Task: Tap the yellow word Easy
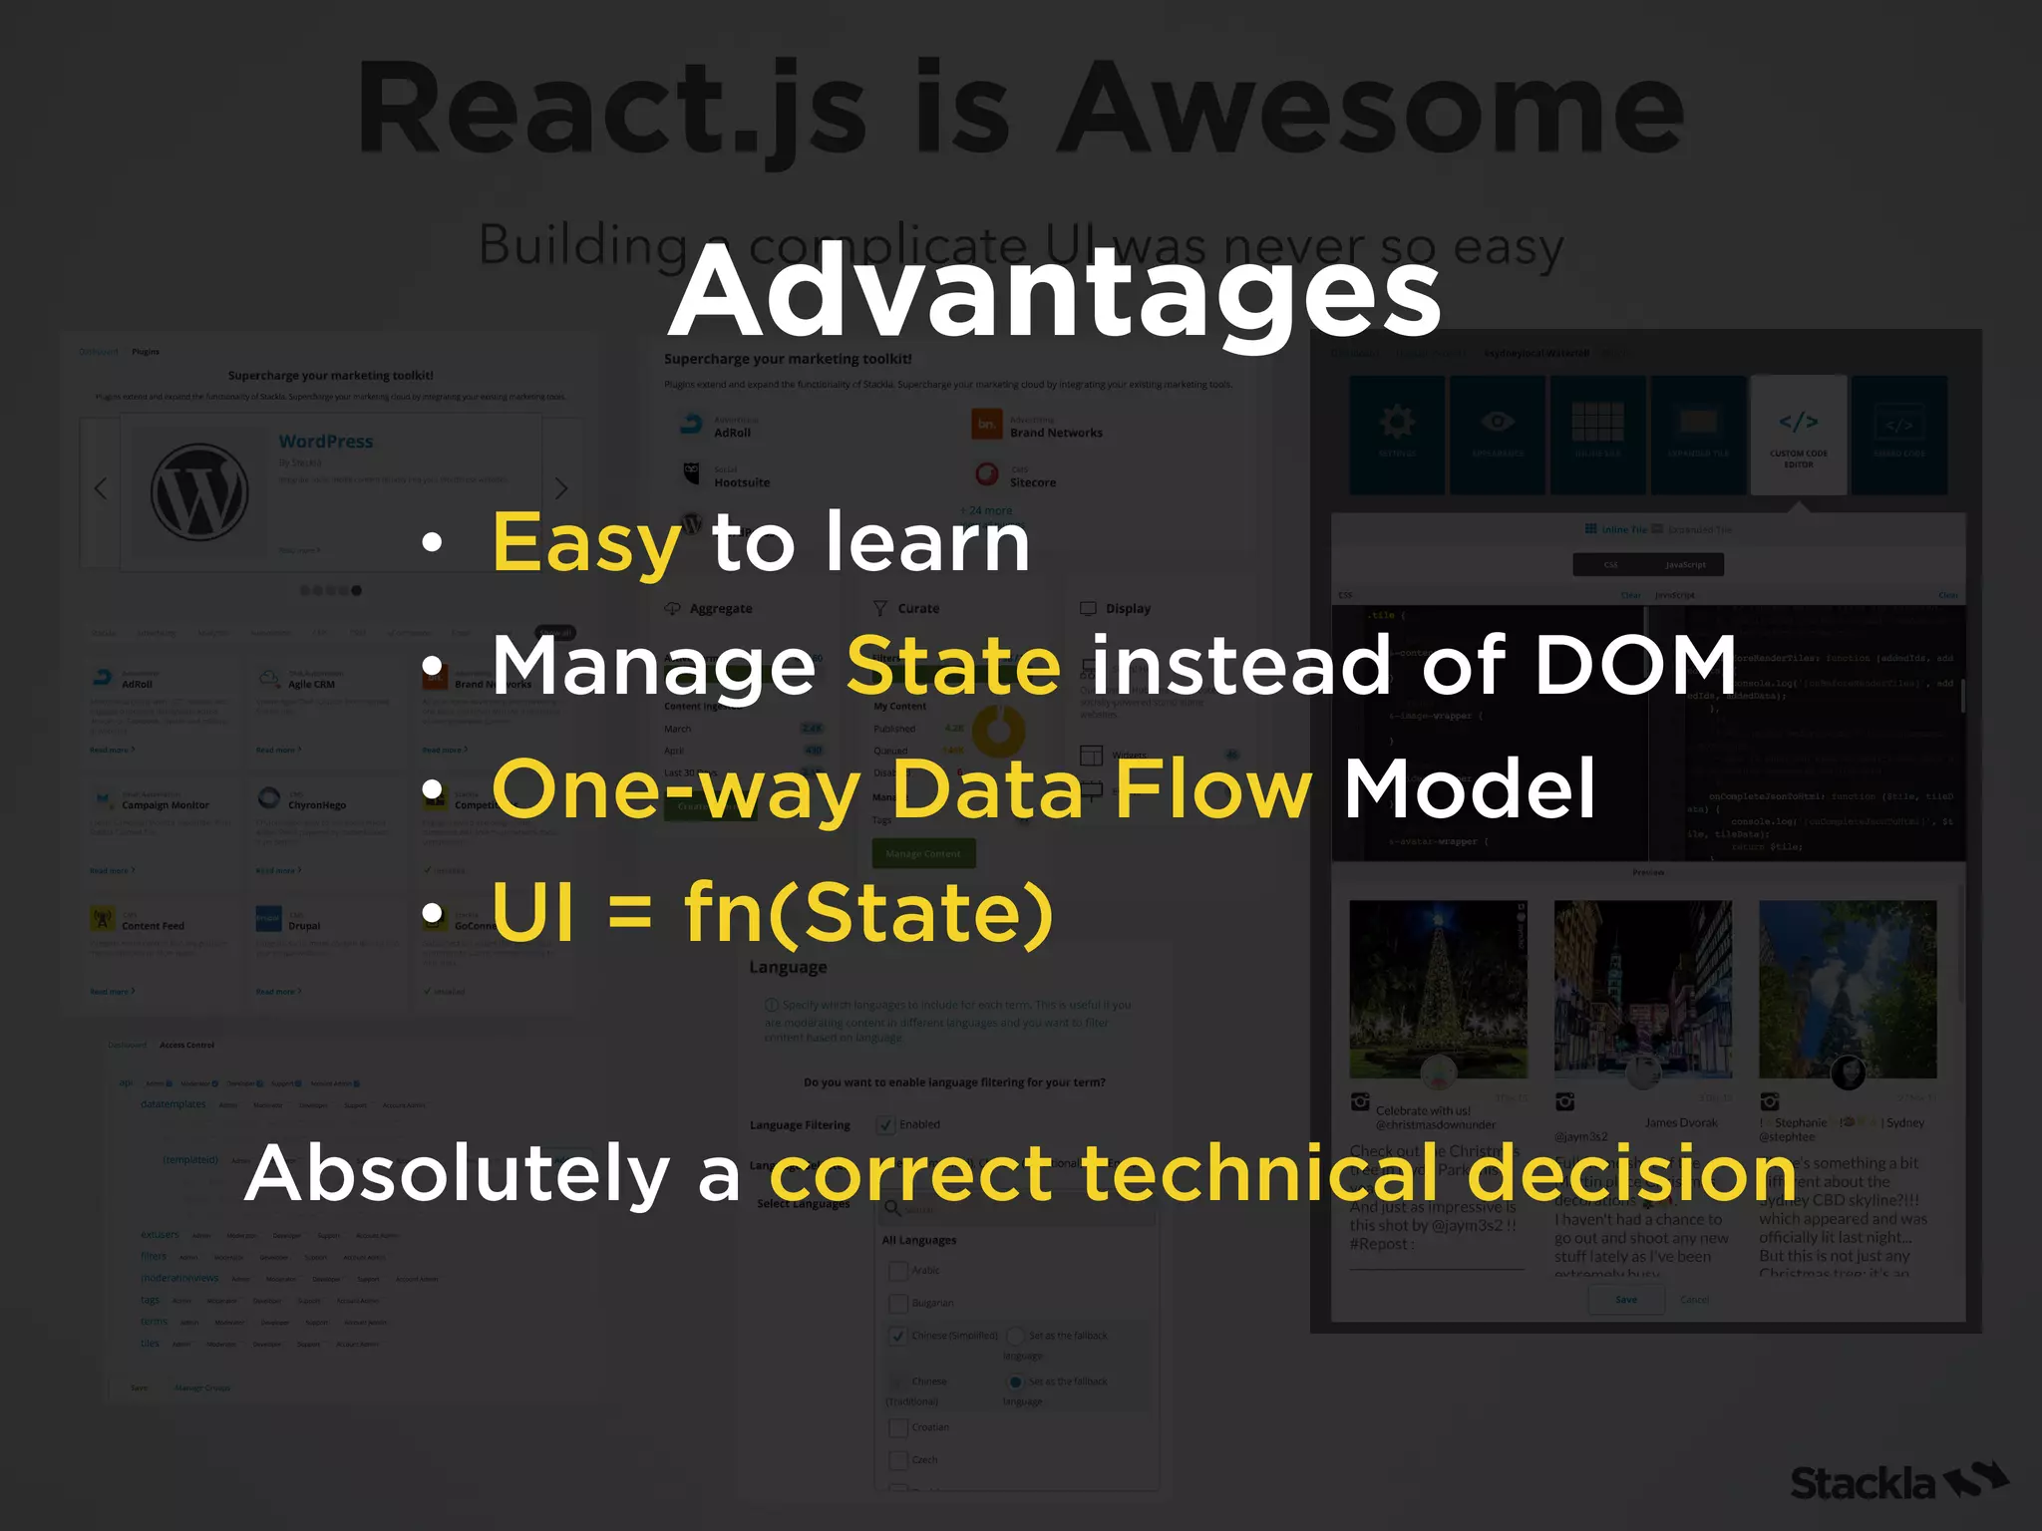point(586,543)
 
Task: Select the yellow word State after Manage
point(953,665)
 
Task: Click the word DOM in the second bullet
point(1635,665)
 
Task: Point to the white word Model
point(1470,788)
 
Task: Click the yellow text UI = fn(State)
point(773,912)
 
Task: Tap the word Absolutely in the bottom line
point(457,1173)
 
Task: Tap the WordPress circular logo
point(199,492)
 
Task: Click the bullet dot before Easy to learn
point(431,543)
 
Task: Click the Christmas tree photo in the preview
point(1437,987)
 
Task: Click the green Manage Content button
point(923,853)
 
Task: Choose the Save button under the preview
point(1626,1300)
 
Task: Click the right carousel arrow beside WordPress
point(560,488)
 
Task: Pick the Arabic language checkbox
point(897,1271)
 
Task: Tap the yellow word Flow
point(1212,788)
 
